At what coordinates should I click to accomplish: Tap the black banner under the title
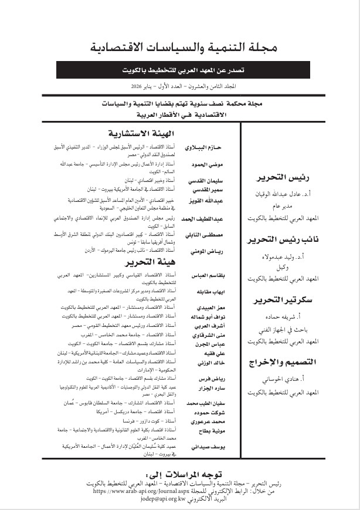pyautogui.click(x=182, y=70)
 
